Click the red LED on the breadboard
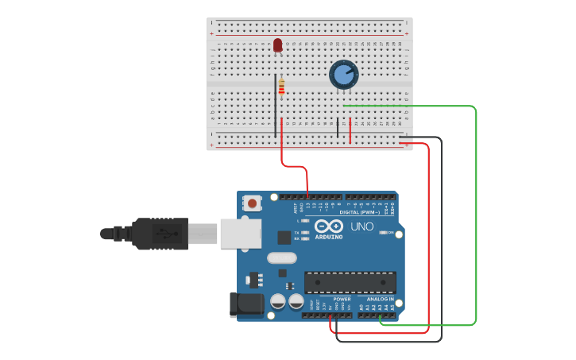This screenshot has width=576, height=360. coord(277,45)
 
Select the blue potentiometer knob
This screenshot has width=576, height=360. coord(343,75)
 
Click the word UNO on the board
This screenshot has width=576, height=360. coord(362,226)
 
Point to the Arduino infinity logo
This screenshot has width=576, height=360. coord(329,226)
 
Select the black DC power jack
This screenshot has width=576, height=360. coord(246,306)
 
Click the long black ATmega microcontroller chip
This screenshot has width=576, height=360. coord(350,282)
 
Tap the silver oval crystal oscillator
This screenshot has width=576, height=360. coord(281,257)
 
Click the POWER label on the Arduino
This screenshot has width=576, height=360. coord(342,299)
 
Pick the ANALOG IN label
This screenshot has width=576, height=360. coord(380,299)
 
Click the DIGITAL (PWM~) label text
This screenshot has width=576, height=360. coord(359,212)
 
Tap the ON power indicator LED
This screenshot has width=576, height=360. coord(384,233)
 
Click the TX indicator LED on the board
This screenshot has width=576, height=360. coord(306,231)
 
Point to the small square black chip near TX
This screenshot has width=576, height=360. coord(284,237)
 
